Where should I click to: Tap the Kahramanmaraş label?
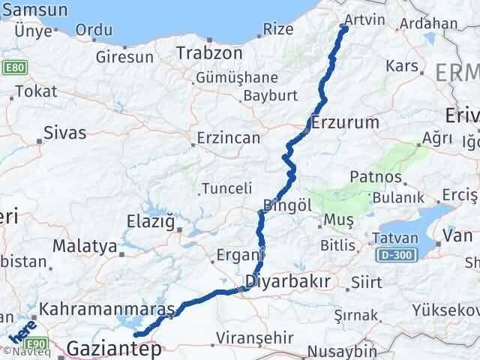pyautogui.click(x=107, y=308)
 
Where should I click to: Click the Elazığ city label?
pyautogui.click(x=153, y=221)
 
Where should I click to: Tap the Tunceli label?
pyautogui.click(x=228, y=188)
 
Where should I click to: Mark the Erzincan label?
pyautogui.click(x=227, y=138)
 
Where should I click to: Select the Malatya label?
pyautogui.click(x=85, y=245)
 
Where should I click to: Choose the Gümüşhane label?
pyautogui.click(x=236, y=77)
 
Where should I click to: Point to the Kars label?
pyautogui.click(x=400, y=66)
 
